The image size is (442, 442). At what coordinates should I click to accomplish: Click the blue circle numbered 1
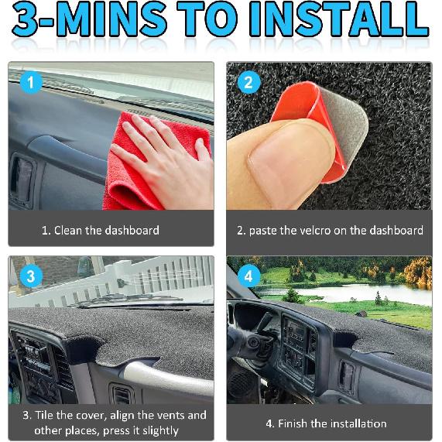[x=31, y=82]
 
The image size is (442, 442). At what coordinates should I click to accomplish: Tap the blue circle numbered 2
[x=248, y=82]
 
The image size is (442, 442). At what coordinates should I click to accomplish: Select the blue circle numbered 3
[x=31, y=276]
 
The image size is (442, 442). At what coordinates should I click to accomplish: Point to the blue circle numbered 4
[x=248, y=276]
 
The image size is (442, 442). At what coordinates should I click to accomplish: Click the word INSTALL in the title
[x=338, y=19]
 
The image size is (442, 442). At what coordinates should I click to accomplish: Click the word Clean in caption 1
[x=68, y=231]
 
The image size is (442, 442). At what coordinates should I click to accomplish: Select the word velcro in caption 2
[x=314, y=231]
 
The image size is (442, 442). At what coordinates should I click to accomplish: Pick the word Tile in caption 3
[x=43, y=415]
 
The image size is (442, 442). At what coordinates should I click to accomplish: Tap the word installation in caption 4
[x=358, y=423]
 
